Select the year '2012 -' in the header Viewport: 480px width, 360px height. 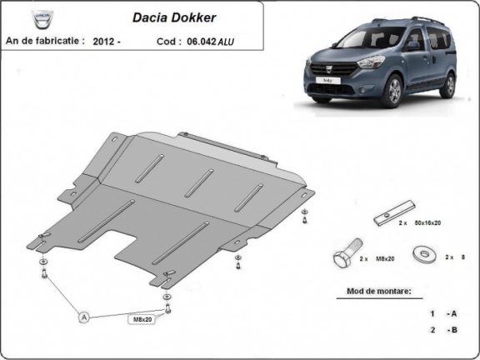coord(107,39)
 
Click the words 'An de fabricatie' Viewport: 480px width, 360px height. coord(45,39)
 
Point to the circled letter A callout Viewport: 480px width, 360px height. coord(83,317)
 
